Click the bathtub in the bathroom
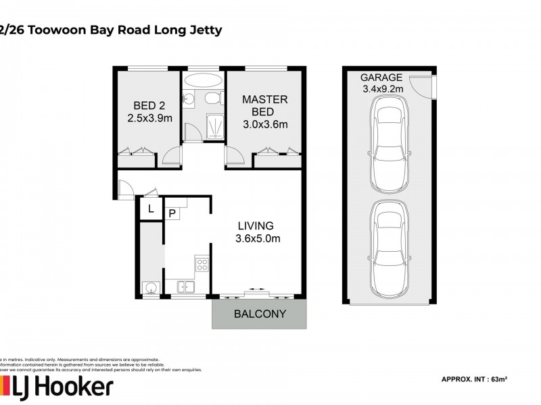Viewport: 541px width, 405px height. [202, 80]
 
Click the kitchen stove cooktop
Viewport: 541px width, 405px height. [202, 264]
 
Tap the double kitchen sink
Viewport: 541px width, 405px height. [185, 288]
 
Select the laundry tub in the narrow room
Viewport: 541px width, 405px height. [150, 289]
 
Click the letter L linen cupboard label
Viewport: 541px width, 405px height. [151, 209]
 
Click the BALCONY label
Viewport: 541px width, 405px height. [260, 314]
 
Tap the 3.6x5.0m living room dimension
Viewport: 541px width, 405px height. [258, 238]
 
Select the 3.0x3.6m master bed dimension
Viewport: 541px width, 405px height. [264, 124]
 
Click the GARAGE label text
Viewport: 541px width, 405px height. [381, 77]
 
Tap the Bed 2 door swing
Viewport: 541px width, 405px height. [172, 158]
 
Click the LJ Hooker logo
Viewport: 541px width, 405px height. [57, 387]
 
